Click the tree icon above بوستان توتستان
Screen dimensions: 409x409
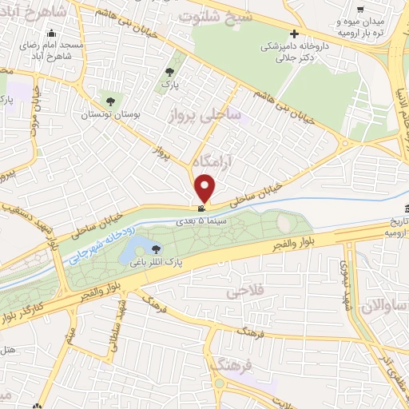click(110, 102)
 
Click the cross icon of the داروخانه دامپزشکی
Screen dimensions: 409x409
click(295, 34)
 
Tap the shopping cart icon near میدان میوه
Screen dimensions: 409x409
click(361, 10)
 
